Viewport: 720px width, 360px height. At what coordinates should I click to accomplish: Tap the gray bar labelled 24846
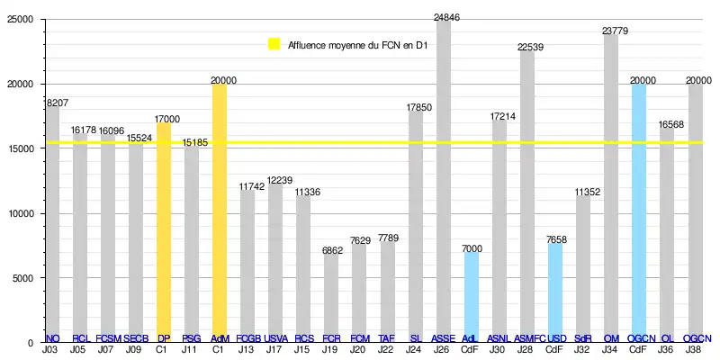pyautogui.click(x=443, y=180)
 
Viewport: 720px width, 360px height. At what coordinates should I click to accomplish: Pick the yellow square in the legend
pyautogui.click(x=274, y=44)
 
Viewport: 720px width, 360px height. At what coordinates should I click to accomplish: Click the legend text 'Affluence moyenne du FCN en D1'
pyautogui.click(x=357, y=44)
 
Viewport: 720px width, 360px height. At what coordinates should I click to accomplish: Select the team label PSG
pyautogui.click(x=192, y=338)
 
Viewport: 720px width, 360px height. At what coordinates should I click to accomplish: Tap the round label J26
pyautogui.click(x=443, y=349)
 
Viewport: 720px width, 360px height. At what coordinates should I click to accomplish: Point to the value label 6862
pyautogui.click(x=331, y=251)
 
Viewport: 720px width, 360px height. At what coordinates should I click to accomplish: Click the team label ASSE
pyautogui.click(x=443, y=338)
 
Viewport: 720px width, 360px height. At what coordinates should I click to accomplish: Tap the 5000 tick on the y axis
pyautogui.click(x=21, y=278)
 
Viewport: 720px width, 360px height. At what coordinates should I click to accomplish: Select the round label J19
pyautogui.click(x=331, y=349)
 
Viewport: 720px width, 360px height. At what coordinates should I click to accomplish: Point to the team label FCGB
pyautogui.click(x=248, y=338)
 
